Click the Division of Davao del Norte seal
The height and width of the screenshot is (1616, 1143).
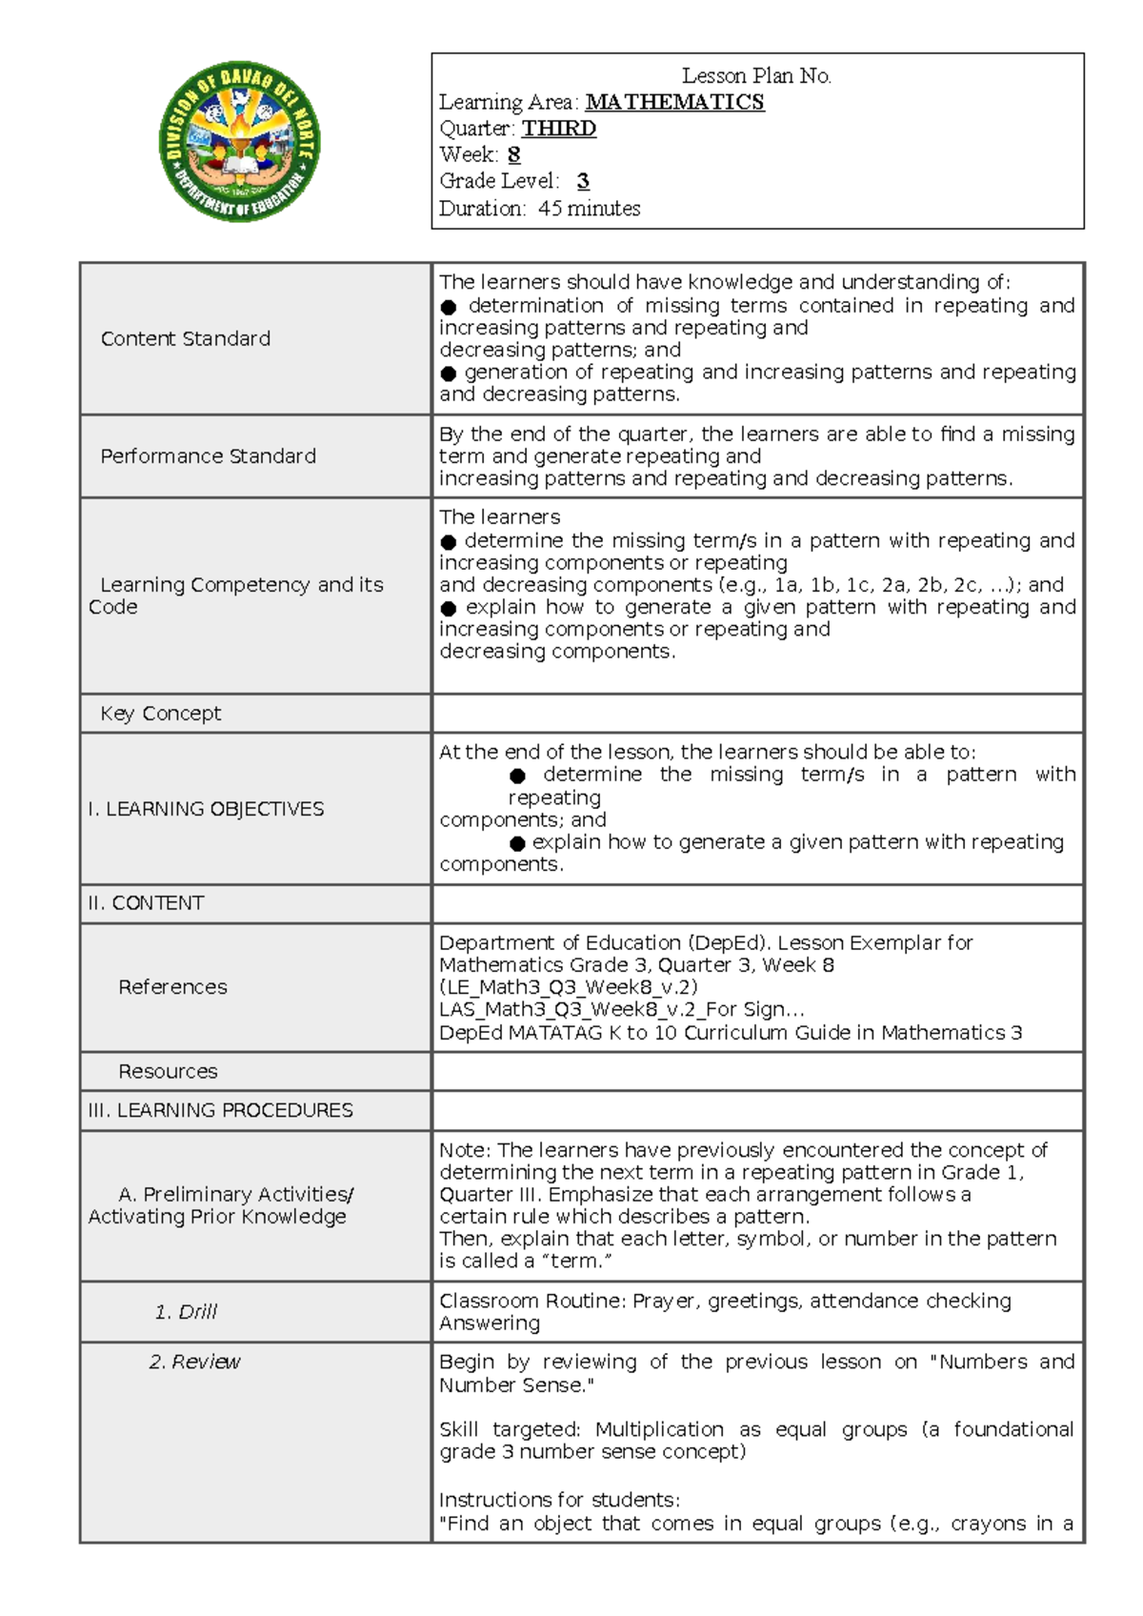[x=239, y=143]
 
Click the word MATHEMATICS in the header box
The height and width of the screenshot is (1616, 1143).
[x=674, y=102]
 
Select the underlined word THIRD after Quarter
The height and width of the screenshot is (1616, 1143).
[x=559, y=129]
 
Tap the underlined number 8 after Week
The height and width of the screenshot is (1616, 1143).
[x=514, y=154]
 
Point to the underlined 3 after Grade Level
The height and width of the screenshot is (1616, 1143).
[x=583, y=181]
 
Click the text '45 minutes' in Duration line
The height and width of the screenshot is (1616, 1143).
[x=589, y=209]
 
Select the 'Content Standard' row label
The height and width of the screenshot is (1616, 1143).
[x=186, y=339]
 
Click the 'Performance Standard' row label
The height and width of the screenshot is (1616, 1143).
[x=208, y=456]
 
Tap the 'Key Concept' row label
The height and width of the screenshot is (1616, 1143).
[x=161, y=714]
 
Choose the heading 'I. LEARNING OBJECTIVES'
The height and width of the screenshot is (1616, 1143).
[x=206, y=809]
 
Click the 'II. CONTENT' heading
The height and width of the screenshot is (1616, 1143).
[x=146, y=903]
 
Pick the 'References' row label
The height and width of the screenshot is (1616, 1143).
[x=172, y=987]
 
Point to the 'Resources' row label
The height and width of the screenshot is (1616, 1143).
[x=168, y=1072]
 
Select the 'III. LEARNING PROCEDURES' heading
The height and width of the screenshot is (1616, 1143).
[x=220, y=1111]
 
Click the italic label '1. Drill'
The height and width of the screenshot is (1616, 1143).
[x=186, y=1312]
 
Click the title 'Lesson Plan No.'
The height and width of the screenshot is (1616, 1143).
[x=756, y=76]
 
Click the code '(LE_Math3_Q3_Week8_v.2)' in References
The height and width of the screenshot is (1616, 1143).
[x=568, y=987]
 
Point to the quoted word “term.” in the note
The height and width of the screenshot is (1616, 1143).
[x=576, y=1262]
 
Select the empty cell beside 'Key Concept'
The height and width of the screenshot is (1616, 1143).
[x=757, y=714]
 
